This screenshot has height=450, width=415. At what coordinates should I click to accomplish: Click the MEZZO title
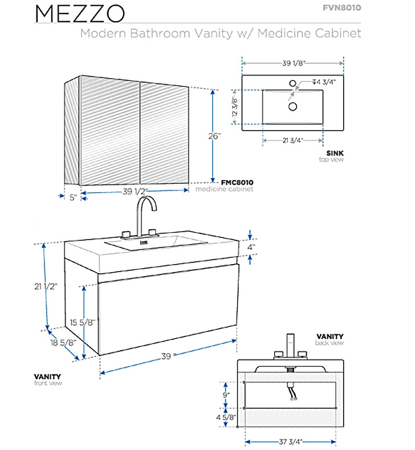tap(80, 13)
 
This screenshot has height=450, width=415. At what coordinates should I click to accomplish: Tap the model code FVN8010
tap(342, 7)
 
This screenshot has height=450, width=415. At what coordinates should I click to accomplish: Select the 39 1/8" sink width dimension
tap(294, 63)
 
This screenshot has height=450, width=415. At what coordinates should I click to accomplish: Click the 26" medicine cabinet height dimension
tap(215, 136)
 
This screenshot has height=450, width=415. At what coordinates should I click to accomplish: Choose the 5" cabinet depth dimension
tap(74, 197)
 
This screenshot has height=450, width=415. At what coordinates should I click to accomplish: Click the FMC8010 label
tap(237, 183)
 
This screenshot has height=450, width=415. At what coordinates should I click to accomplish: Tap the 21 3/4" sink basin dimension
tap(293, 140)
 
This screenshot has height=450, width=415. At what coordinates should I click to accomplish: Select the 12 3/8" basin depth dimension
tap(235, 107)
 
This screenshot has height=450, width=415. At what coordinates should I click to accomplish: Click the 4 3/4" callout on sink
tap(324, 82)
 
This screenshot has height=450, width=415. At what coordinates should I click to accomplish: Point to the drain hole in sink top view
tap(292, 107)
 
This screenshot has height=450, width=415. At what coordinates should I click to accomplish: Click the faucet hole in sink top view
tap(292, 83)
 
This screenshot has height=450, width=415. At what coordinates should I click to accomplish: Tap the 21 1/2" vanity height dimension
tap(46, 286)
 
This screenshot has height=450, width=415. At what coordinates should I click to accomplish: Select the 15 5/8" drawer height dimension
tap(83, 322)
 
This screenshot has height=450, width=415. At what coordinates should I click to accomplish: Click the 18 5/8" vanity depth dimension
tap(63, 342)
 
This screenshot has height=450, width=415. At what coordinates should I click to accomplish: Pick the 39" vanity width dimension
tap(168, 356)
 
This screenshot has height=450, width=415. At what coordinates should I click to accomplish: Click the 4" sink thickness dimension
tap(251, 247)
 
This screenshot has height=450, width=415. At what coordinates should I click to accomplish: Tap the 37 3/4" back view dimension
tap(291, 441)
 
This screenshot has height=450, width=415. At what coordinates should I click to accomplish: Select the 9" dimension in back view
tap(226, 395)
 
